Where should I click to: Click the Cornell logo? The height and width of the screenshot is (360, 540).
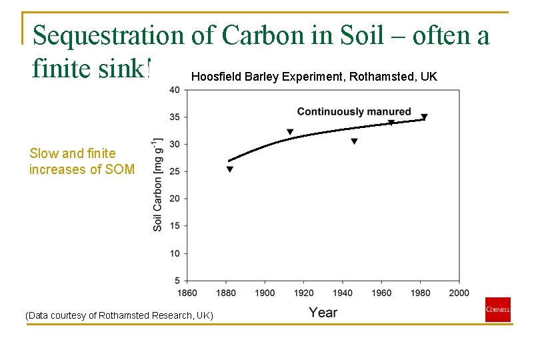coord(497,309)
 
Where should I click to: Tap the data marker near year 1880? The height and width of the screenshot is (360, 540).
coord(230,169)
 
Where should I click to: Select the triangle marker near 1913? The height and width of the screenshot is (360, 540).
coord(290,132)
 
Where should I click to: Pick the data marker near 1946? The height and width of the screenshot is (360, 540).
coord(354,141)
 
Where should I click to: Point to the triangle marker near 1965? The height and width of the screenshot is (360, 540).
coord(391,123)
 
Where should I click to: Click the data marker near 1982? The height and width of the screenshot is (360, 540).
coord(424,117)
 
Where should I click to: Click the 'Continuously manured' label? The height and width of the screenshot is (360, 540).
coord(353,111)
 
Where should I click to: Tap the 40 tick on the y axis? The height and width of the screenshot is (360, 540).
coord(175,89)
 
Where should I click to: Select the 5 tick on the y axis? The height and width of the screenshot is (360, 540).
coord(177,281)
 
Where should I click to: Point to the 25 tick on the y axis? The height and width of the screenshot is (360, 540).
coord(175,171)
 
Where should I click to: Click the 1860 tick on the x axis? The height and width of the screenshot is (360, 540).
coord(187,293)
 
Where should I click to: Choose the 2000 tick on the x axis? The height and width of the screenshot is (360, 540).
coord(459,293)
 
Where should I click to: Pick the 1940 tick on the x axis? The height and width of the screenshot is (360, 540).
coord(343,293)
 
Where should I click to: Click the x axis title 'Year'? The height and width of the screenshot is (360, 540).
coord(323,312)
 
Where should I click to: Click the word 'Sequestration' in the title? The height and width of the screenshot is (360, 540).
coord(109,35)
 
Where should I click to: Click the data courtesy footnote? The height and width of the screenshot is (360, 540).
coord(119,315)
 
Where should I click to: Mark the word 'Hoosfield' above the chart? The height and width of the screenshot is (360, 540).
coord(216,77)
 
